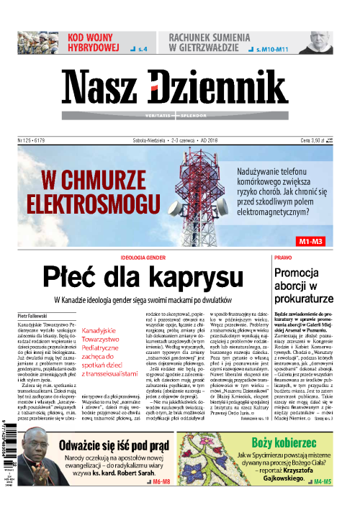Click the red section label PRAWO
coord(283,257)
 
